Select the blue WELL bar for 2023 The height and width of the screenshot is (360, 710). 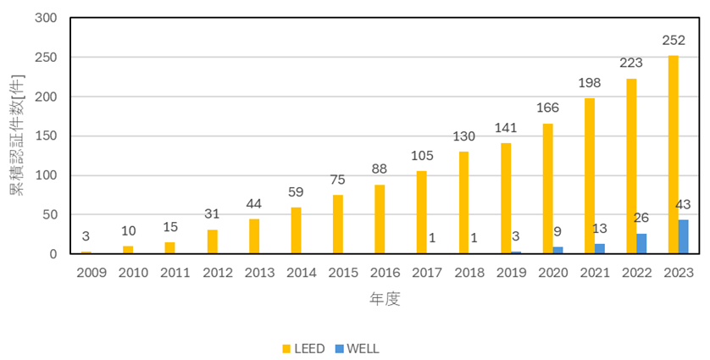683,237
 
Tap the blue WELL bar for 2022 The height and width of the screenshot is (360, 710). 641,244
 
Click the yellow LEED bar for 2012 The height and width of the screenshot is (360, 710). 212,241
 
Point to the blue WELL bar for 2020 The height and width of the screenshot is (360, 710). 557,250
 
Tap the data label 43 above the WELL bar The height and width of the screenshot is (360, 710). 684,206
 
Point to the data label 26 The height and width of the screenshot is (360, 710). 641,219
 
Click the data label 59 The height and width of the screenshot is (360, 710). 296,192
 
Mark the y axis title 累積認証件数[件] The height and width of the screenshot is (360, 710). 17,135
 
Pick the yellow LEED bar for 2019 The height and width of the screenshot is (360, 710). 505,198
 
